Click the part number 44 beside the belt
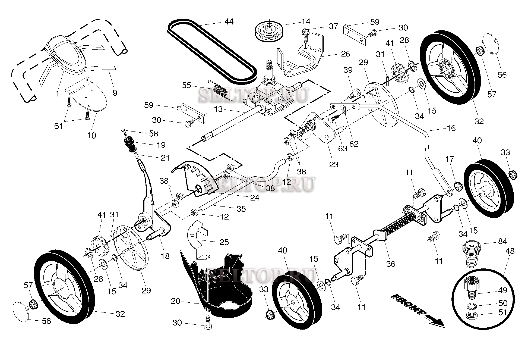(229, 21)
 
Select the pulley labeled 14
(269, 32)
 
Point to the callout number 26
(345, 54)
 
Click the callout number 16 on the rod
(451, 128)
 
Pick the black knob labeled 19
(130, 144)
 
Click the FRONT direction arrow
(418, 310)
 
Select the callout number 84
(502, 241)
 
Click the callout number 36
(391, 264)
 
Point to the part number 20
(175, 301)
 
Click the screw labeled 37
(305, 36)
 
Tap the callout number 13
(218, 109)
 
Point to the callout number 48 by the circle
(510, 251)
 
